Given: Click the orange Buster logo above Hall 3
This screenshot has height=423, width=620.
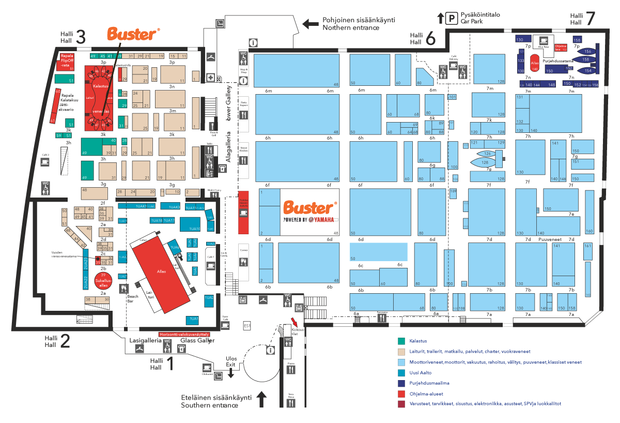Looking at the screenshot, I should [x=132, y=34].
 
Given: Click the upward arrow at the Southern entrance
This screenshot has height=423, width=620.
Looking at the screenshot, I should [x=261, y=398].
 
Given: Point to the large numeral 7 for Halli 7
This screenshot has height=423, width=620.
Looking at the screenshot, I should [x=589, y=19].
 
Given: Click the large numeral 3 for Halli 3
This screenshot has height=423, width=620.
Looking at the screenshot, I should [x=80, y=37].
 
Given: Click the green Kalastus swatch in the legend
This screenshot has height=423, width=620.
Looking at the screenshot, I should [x=401, y=341].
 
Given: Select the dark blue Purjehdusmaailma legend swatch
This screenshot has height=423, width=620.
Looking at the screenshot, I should [x=401, y=383].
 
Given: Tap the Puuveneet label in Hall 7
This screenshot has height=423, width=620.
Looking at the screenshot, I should [x=549, y=239].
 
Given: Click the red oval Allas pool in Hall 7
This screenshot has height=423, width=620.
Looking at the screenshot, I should [x=535, y=63].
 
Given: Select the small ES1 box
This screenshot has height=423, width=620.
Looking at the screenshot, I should [x=247, y=326].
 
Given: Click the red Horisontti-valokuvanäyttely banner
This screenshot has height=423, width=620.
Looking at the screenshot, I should [x=187, y=334].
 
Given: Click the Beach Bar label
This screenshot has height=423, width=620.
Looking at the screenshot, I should [x=134, y=298].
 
